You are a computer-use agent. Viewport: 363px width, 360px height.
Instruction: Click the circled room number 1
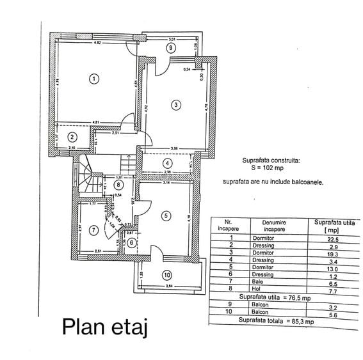coord(93,79)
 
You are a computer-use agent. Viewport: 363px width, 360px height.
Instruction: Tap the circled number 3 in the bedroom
coord(175,104)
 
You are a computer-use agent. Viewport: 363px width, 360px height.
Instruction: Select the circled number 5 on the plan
coord(165,216)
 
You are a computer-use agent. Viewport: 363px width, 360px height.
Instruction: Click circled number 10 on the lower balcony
coord(166,276)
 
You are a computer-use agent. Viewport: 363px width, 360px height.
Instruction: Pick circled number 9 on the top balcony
coord(170,47)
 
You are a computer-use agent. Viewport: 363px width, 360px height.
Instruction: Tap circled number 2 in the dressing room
coord(72,136)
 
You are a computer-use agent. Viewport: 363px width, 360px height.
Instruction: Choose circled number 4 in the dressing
coord(166,163)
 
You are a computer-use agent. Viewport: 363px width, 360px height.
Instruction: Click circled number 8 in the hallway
coord(118,185)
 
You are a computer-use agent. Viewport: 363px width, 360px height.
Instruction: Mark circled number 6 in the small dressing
coord(131,242)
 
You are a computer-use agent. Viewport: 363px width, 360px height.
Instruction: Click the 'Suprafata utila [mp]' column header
coord(334,226)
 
